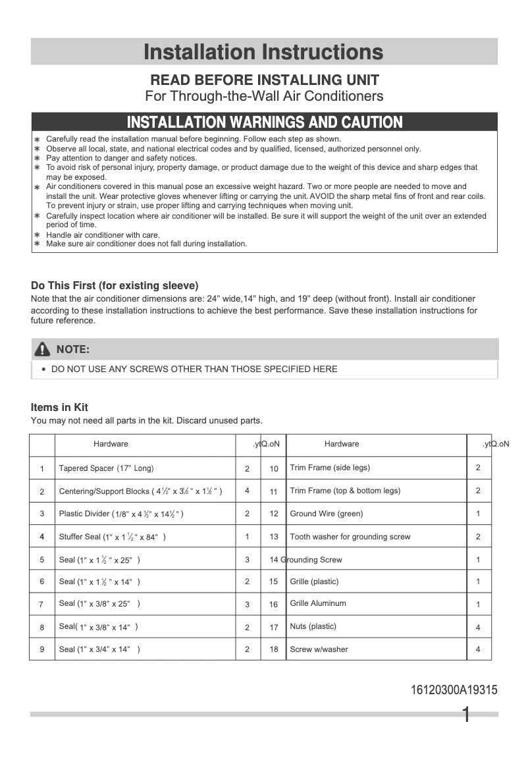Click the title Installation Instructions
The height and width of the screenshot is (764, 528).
(263, 51)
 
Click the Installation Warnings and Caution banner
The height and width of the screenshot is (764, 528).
(264, 122)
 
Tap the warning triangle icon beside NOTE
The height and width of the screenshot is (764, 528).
(43, 349)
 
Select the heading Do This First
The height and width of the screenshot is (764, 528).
(115, 286)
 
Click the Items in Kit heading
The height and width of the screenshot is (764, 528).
(59, 407)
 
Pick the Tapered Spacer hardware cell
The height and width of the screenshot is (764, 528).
(106, 468)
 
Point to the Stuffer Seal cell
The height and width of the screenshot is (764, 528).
(112, 537)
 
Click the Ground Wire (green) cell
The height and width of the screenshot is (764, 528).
(327, 514)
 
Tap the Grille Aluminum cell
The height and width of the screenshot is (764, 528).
(318, 603)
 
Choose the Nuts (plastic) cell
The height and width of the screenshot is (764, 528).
(313, 626)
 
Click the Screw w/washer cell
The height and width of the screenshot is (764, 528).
(319, 649)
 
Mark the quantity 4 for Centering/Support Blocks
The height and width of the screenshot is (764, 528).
(248, 491)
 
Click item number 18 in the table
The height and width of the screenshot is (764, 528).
(274, 649)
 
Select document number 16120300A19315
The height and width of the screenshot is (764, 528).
(454, 690)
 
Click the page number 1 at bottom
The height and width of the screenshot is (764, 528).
(466, 715)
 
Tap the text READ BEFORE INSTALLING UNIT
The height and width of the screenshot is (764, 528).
(265, 80)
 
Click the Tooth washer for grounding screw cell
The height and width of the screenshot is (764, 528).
(350, 537)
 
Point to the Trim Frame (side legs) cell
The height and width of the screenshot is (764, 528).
(330, 468)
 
